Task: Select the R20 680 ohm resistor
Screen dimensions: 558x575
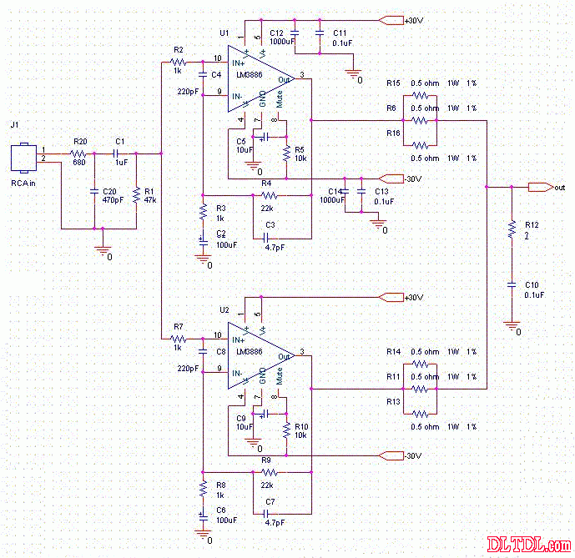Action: click(79, 154)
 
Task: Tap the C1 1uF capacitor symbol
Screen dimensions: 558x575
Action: click(119, 154)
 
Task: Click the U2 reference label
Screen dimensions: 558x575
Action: click(224, 309)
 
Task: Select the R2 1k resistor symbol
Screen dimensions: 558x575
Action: click(178, 62)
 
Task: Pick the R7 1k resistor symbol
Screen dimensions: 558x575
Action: click(178, 339)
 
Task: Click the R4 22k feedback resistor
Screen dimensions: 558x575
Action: click(269, 195)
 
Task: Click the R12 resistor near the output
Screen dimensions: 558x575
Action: click(512, 231)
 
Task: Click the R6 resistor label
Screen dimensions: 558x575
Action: click(391, 108)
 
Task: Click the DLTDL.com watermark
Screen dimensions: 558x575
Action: click(533, 545)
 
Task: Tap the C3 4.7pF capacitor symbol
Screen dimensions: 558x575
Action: click(269, 239)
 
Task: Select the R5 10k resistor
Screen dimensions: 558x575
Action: click(286, 153)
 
